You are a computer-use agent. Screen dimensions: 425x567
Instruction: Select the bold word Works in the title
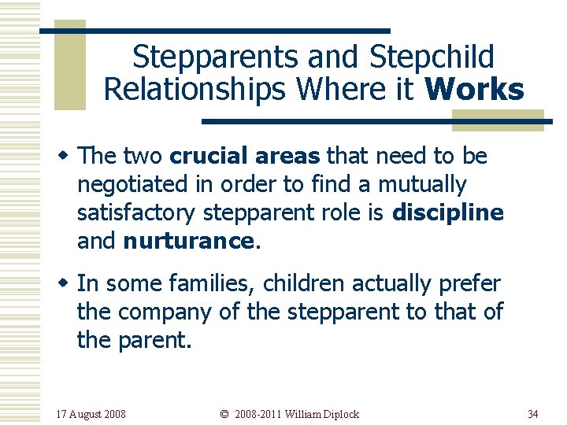pos(473,90)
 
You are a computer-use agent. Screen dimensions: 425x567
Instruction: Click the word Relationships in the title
pos(194,90)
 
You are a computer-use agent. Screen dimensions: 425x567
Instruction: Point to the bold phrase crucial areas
pos(246,157)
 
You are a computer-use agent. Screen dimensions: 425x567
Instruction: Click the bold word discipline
pos(447,213)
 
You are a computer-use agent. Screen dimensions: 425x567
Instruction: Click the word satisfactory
pos(138,213)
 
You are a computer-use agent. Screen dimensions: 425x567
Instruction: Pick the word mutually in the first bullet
pos(423,185)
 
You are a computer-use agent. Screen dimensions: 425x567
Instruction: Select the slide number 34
pos(533,414)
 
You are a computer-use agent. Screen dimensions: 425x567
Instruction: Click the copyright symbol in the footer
pos(224,414)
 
